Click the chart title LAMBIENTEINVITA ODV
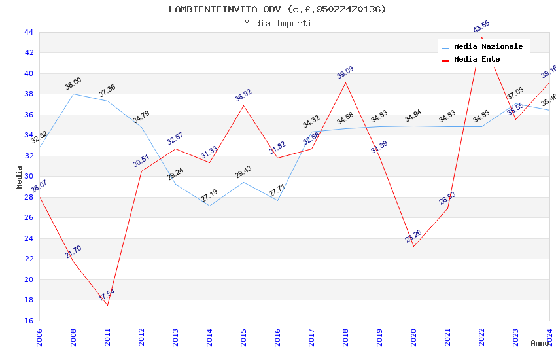tap(277, 9)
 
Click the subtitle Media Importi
tap(277, 23)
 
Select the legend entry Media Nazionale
tap(488, 47)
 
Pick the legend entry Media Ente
tap(477, 60)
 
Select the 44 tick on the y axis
tap(28, 32)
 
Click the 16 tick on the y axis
tap(28, 321)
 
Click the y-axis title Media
tap(20, 177)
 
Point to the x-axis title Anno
tap(540, 343)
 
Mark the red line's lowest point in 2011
tap(107, 305)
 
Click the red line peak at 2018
tap(345, 82)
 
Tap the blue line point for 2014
tap(209, 206)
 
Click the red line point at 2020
tap(413, 246)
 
